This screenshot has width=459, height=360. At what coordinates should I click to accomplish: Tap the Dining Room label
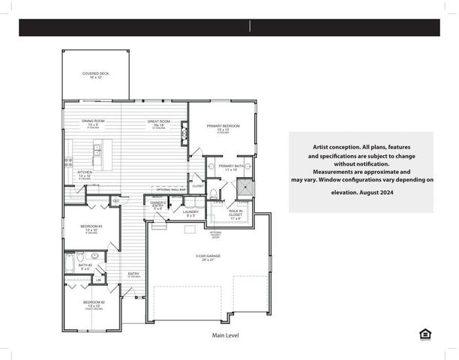point(93,123)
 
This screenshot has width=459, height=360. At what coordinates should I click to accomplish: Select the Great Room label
point(158,123)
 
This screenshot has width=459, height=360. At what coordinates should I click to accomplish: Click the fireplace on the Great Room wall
point(184,132)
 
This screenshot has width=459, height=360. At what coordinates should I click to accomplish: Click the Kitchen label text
point(85,174)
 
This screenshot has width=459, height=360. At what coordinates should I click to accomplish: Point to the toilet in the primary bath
point(214,193)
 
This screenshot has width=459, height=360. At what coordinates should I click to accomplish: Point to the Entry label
point(133,274)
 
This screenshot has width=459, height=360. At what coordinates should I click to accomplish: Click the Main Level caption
point(224,335)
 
